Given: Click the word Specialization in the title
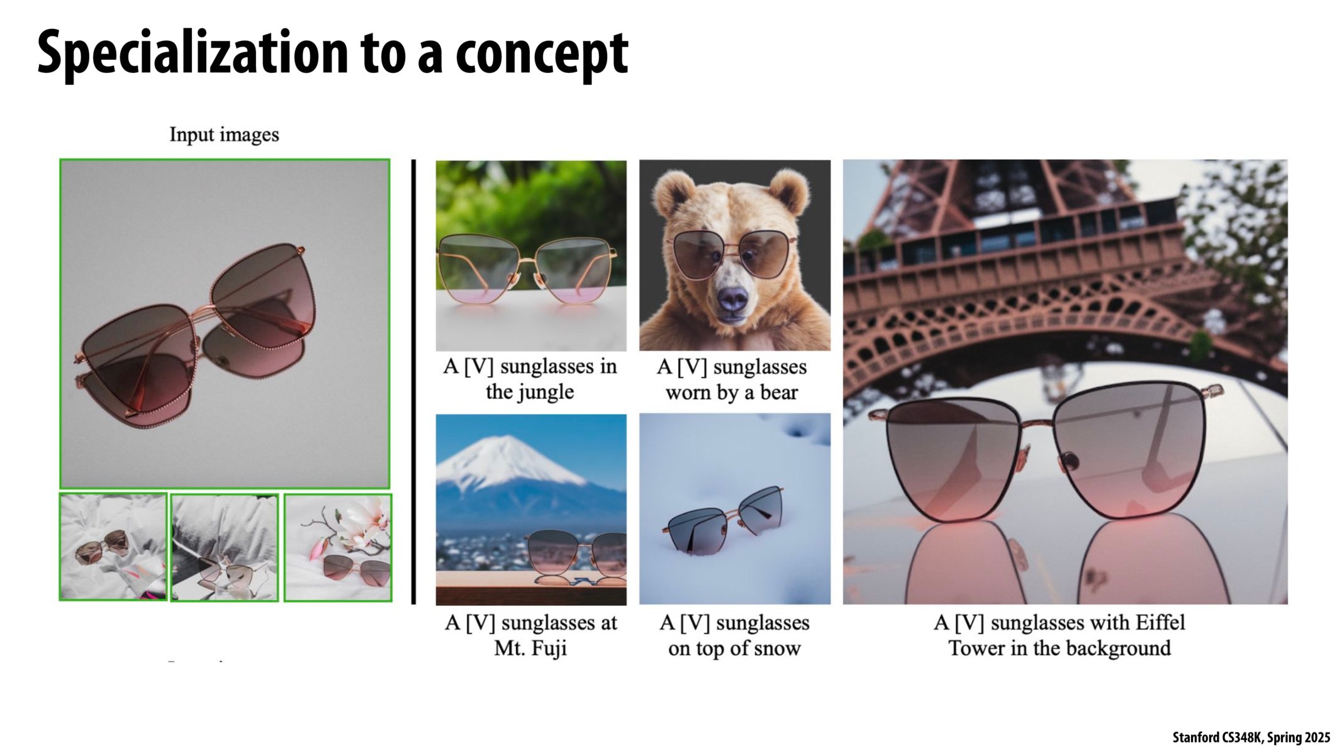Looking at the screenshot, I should (x=192, y=53).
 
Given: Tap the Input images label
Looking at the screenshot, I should (x=224, y=135).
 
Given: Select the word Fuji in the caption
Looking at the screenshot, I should (x=549, y=648).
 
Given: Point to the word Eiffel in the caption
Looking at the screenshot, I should (x=1160, y=623).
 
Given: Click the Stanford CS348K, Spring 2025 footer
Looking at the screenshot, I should (x=1251, y=737).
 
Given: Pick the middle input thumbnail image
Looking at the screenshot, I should (x=225, y=547).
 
